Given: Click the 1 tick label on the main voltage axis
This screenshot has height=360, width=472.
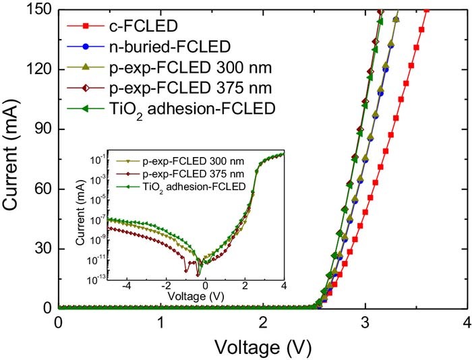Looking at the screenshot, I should pyautogui.click(x=160, y=323).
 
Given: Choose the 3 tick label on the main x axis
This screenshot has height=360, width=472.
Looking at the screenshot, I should pyautogui.click(x=365, y=323).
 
